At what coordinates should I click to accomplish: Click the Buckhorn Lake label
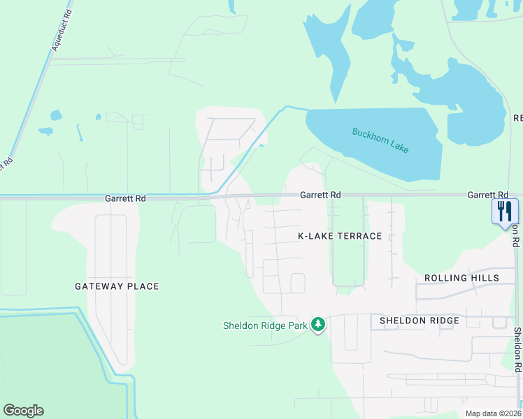tap(380, 140)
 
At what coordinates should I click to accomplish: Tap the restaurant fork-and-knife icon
tap(505, 211)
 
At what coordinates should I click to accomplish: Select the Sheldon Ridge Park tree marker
tap(318, 325)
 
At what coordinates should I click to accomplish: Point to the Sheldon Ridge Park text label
tap(265, 325)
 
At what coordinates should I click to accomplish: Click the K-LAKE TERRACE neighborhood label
tap(340, 236)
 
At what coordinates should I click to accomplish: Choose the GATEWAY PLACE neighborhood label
tap(117, 286)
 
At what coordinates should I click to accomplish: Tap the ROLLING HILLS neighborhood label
tap(461, 278)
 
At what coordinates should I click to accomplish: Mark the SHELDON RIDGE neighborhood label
tap(419, 321)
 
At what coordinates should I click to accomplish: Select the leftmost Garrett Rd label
tap(125, 198)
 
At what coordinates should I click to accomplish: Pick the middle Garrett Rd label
tap(320, 196)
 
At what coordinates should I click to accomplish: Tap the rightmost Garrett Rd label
tap(487, 196)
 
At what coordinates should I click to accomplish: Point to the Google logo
tap(23, 411)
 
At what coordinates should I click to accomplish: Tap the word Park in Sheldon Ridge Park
tap(296, 325)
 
